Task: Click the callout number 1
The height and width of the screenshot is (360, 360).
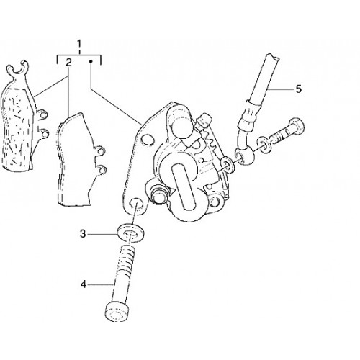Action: [x=79, y=44]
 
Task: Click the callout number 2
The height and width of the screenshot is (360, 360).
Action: [x=68, y=63]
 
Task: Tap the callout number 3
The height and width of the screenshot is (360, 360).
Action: [x=83, y=234]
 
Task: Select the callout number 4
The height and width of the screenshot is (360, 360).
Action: [x=83, y=284]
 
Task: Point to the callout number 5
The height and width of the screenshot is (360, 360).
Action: [x=298, y=89]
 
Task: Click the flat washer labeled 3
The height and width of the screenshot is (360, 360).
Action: [x=131, y=233]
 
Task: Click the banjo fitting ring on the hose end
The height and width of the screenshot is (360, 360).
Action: [x=244, y=156]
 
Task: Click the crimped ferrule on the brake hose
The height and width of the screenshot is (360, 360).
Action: [x=251, y=113]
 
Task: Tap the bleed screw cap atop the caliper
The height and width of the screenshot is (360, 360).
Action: [x=205, y=120]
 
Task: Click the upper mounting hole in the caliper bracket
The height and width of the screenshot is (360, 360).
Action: [x=147, y=140]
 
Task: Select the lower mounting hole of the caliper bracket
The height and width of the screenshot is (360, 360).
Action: [x=135, y=204]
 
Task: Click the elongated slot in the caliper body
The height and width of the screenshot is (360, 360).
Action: [x=183, y=185]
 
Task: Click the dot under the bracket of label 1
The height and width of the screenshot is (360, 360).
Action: [x=91, y=62]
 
